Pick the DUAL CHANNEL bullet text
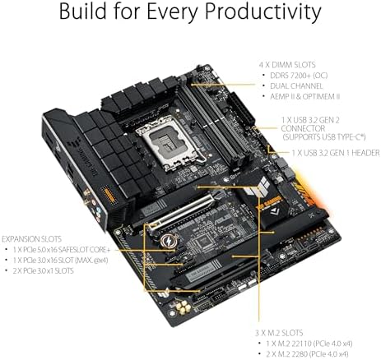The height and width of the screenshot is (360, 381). [294, 86]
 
